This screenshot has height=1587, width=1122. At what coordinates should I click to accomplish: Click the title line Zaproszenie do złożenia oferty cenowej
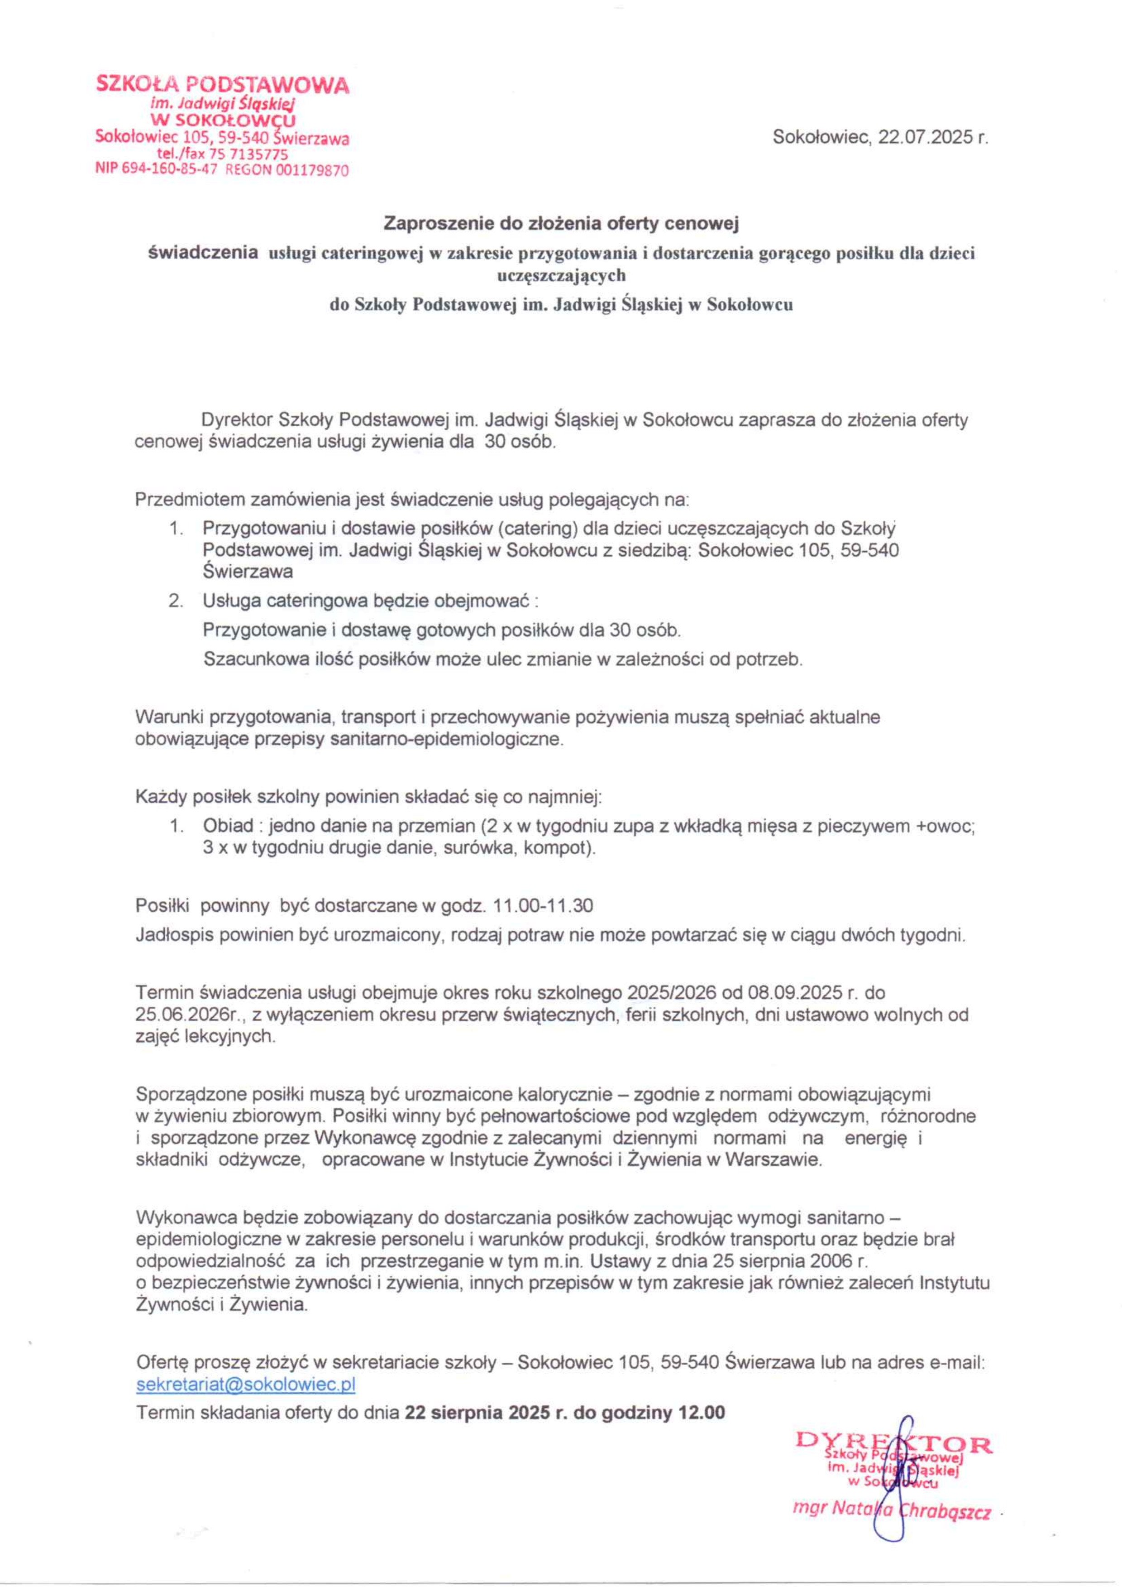(561, 223)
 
